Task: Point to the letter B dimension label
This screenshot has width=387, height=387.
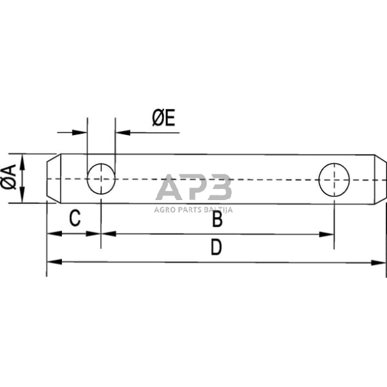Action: (217, 220)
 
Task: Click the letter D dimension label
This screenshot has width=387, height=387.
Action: (216, 248)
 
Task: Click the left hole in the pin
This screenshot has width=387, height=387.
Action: (101, 178)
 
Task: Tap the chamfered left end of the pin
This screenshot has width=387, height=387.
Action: (51, 178)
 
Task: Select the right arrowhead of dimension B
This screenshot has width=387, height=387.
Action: (328, 234)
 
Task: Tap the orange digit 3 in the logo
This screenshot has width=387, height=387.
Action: (219, 188)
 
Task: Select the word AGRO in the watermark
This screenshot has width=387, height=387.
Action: (167, 210)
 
